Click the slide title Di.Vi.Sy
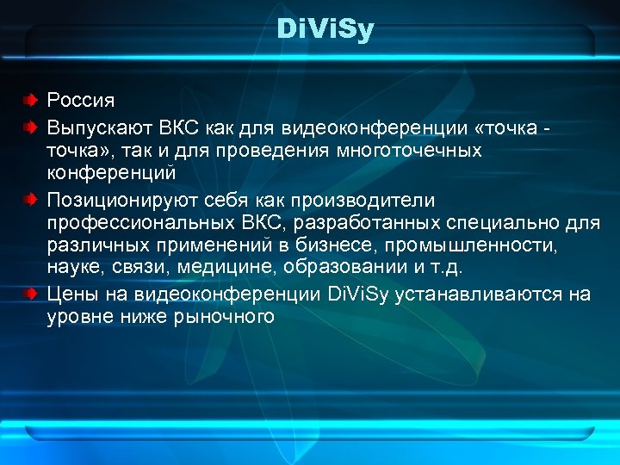(326, 32)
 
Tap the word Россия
(80, 101)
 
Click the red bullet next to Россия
(30, 101)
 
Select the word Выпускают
(100, 127)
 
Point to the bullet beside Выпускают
(30, 127)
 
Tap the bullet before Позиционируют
(30, 200)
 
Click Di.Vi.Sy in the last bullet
(360, 294)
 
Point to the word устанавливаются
(481, 294)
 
